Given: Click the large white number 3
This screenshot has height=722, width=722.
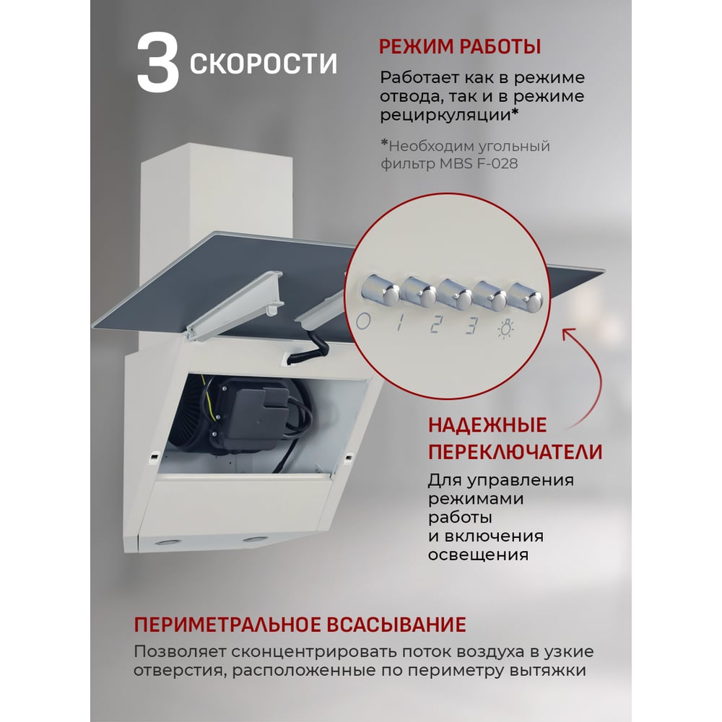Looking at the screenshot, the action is (157, 64).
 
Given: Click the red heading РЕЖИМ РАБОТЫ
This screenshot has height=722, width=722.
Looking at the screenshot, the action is (459, 47).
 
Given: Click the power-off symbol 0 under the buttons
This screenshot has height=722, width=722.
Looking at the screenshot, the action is (363, 321).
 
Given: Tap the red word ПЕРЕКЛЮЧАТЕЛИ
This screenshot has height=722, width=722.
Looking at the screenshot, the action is (516, 452).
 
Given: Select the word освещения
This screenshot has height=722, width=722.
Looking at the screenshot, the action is (478, 554).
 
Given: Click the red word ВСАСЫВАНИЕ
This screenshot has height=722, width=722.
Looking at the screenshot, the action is (396, 625).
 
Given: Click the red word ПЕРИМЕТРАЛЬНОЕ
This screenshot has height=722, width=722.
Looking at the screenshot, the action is (227, 625).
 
